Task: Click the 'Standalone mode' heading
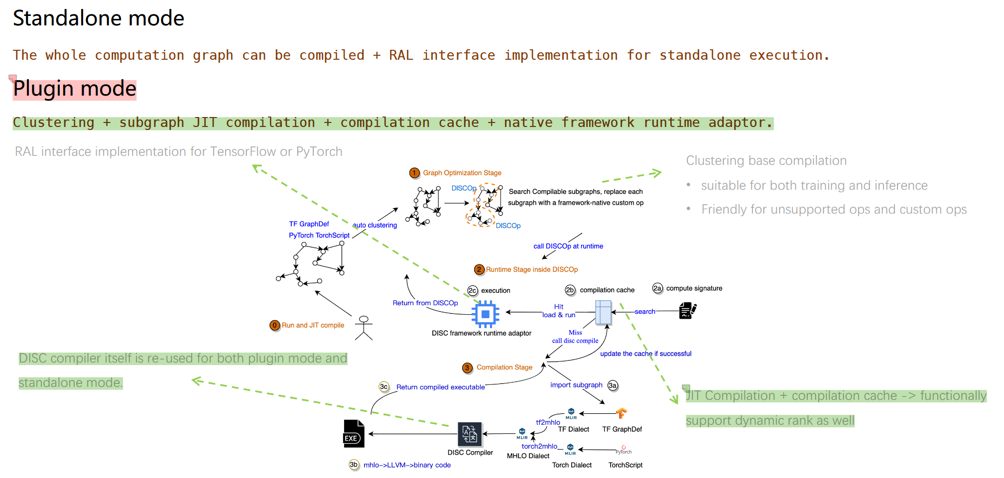pos(99,18)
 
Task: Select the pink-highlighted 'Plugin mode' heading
pos(75,89)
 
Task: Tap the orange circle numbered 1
pos(414,173)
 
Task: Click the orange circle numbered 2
pos(479,269)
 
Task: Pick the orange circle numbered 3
pos(467,367)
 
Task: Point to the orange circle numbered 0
pos(274,325)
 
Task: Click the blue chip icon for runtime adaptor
pos(485,314)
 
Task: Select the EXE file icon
pos(354,433)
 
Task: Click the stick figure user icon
pos(364,328)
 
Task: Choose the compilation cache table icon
pos(603,313)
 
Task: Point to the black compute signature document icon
pos(687,311)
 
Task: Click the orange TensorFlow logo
pos(621,413)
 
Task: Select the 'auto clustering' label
pos(375,225)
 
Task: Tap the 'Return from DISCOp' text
pos(425,303)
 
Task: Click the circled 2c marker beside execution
pos(473,290)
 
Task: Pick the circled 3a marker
pos(613,385)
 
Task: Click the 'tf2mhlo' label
pos(548,422)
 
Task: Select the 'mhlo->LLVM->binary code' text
pos(407,465)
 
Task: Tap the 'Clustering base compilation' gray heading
pos(766,160)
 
